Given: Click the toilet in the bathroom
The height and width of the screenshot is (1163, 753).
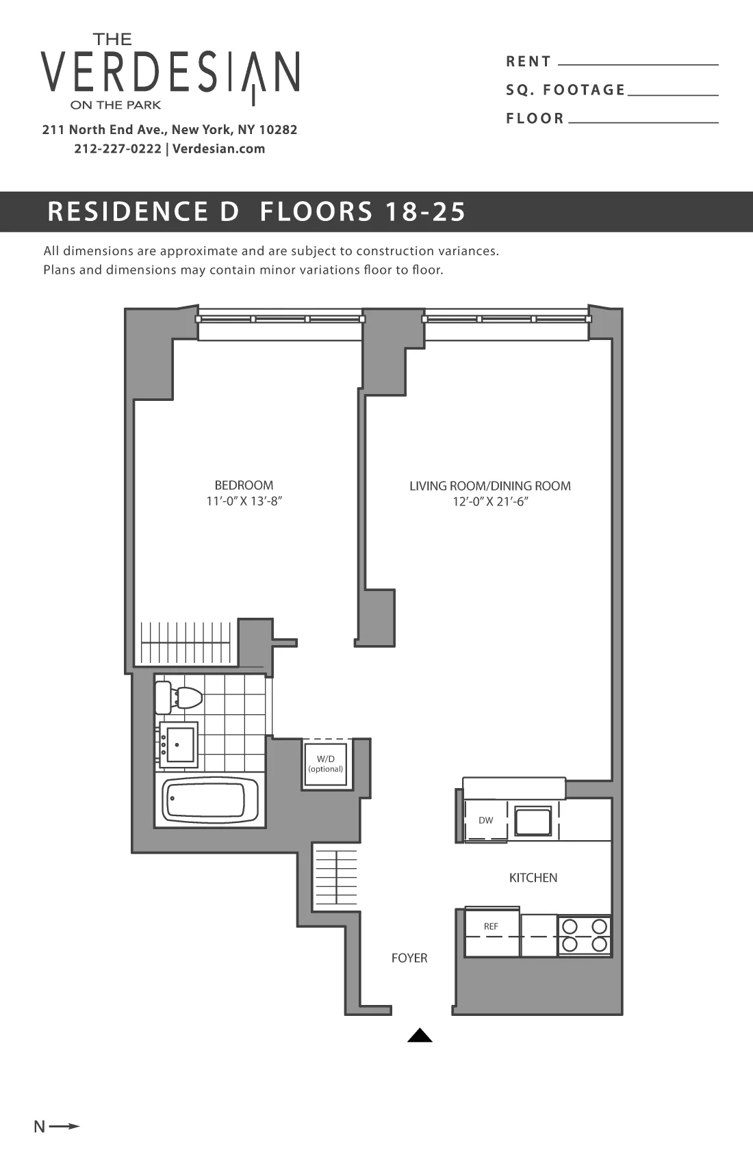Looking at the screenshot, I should click(x=180, y=697).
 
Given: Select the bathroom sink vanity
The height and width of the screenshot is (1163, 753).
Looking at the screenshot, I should click(x=178, y=744).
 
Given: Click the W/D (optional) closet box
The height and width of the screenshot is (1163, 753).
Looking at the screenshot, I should click(x=326, y=763).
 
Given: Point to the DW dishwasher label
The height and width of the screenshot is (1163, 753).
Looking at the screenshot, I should click(x=485, y=820).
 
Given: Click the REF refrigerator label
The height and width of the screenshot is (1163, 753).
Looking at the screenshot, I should click(x=491, y=926).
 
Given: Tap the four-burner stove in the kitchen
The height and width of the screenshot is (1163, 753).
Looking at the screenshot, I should click(x=585, y=936).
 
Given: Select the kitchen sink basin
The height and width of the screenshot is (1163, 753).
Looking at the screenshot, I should click(x=533, y=821).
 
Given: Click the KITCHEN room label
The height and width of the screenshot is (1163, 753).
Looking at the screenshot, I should click(x=533, y=878).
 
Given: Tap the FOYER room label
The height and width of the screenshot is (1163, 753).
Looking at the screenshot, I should click(x=409, y=958).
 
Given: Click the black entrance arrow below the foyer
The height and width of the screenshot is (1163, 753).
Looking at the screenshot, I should click(x=420, y=1036).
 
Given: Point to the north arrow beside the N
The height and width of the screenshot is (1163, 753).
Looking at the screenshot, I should click(x=64, y=1126).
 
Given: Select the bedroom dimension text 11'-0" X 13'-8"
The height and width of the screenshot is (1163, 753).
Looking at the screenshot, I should click(x=244, y=501).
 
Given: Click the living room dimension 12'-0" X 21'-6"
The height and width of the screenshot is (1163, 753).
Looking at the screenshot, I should click(x=490, y=501).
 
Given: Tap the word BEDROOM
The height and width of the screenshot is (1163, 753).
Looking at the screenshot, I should click(x=244, y=485).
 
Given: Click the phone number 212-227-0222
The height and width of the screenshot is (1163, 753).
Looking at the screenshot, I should click(x=118, y=149).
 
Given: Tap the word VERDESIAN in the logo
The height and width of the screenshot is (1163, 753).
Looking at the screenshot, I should click(x=170, y=72).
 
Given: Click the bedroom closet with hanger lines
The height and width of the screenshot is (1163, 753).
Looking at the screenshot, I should click(x=186, y=643).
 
